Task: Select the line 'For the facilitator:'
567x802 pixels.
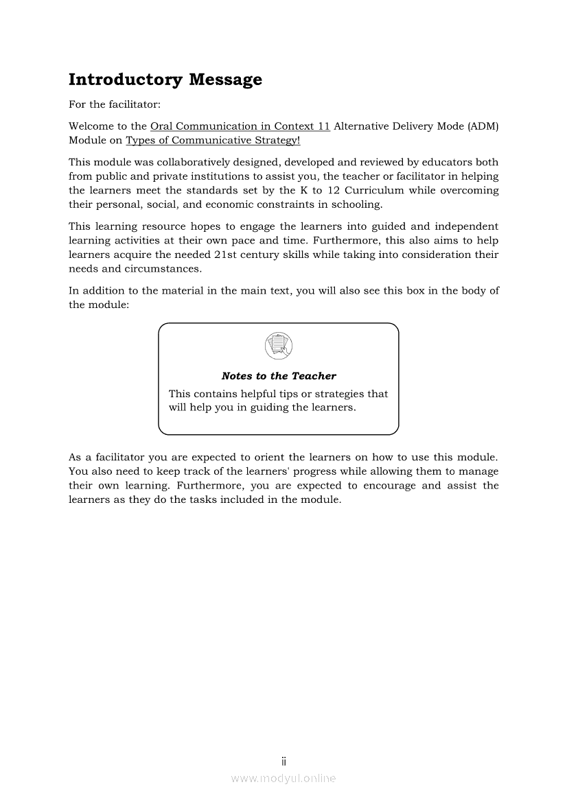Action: [x=115, y=105]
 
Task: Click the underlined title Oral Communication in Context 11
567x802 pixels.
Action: [x=240, y=126]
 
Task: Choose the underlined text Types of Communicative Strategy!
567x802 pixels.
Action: [x=213, y=141]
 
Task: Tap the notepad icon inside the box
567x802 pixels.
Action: [x=278, y=345]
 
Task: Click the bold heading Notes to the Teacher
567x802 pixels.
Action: [x=279, y=376]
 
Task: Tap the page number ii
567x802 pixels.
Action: [x=283, y=762]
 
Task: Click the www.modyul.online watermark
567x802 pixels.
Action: [x=283, y=779]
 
